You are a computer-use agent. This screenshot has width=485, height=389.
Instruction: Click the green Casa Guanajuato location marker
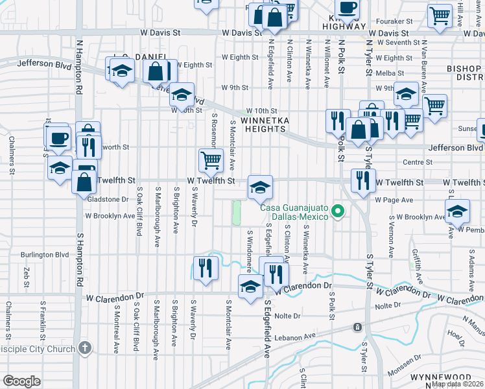[337, 211]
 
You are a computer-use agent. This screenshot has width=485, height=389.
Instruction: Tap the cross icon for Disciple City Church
[84, 348]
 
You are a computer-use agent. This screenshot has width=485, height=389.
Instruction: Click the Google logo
[21, 381]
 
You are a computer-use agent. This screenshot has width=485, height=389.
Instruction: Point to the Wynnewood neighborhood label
[461, 377]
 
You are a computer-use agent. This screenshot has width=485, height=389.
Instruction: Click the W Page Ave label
[394, 200]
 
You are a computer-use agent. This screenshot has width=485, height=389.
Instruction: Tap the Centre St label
[417, 162]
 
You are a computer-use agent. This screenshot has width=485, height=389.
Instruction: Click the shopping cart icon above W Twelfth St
[210, 159]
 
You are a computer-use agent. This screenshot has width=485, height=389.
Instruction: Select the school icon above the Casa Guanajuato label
[260, 188]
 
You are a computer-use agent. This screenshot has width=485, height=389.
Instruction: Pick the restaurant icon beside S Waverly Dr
[206, 268]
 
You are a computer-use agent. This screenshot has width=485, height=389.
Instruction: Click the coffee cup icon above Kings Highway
[348, 8]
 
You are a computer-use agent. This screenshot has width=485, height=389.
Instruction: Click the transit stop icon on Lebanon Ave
[357, 327]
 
